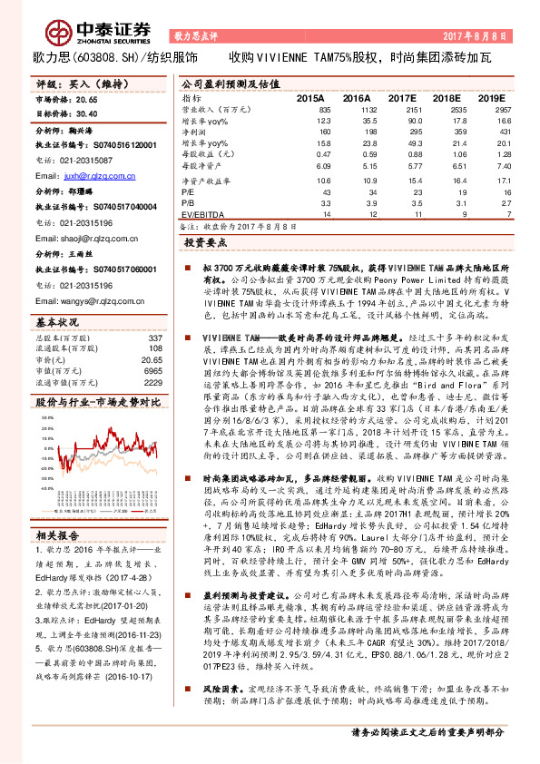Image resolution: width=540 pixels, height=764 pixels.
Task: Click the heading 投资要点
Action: tap(204, 244)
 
